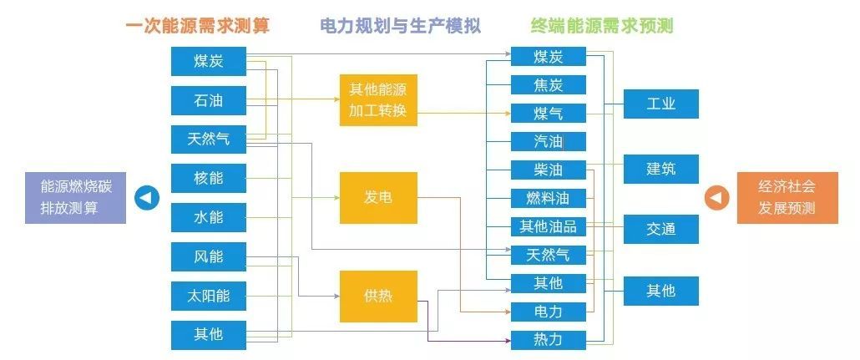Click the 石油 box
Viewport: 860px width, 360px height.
tap(209, 100)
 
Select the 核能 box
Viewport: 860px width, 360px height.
tap(209, 179)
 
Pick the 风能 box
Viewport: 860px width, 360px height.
tap(209, 256)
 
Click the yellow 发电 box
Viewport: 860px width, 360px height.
tap(378, 198)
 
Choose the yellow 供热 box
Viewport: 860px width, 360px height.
tap(378, 297)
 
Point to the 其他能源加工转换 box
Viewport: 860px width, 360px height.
tap(378, 100)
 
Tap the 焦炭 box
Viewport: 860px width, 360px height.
tap(549, 85)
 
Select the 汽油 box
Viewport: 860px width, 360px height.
tap(549, 142)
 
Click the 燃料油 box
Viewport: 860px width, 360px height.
tap(549, 198)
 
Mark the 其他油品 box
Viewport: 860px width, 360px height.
tap(549, 226)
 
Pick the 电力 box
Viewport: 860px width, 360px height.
tap(549, 312)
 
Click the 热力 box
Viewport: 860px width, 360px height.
tap(549, 340)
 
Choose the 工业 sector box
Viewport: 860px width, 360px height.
tap(661, 104)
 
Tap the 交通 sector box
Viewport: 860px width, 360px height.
tap(661, 230)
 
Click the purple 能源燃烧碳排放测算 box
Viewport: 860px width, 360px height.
tap(76, 198)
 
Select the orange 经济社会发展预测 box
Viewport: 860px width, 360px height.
tap(787, 198)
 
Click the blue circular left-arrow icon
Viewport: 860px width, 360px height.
tap(147, 198)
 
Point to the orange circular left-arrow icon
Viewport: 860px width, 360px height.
tap(717, 198)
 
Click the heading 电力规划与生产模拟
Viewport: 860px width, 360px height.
tap(401, 26)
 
